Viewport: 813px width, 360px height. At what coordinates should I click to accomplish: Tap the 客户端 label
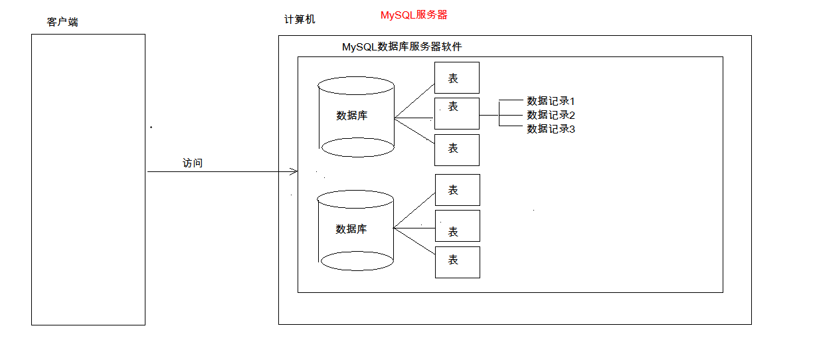coord(62,22)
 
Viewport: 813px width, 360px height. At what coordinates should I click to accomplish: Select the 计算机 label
coord(300,19)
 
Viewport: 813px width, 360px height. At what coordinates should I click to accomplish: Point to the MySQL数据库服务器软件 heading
coord(401,47)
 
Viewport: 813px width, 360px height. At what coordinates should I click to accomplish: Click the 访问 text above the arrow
coord(193,163)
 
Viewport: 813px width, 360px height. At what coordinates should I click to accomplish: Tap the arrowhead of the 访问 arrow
coord(294,172)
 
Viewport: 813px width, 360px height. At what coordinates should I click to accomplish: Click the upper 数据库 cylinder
coord(356,116)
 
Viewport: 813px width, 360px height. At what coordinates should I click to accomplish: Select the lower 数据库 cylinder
coord(356,230)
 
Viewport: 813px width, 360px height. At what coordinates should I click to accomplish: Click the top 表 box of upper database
coord(456,78)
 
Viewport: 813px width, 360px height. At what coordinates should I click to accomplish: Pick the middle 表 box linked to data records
coord(456,114)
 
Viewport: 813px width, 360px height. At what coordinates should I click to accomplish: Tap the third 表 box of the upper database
coord(456,149)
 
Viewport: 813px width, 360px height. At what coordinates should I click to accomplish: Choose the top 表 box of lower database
coord(457,190)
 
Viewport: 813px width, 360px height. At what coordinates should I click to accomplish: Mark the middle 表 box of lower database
coord(457,226)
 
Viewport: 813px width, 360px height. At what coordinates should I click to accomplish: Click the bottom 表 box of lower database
coord(457,262)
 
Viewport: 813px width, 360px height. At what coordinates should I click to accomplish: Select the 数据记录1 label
coord(550,101)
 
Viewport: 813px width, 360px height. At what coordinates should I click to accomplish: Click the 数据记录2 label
coord(550,115)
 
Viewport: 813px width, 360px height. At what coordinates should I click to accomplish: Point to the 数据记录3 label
coord(550,129)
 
